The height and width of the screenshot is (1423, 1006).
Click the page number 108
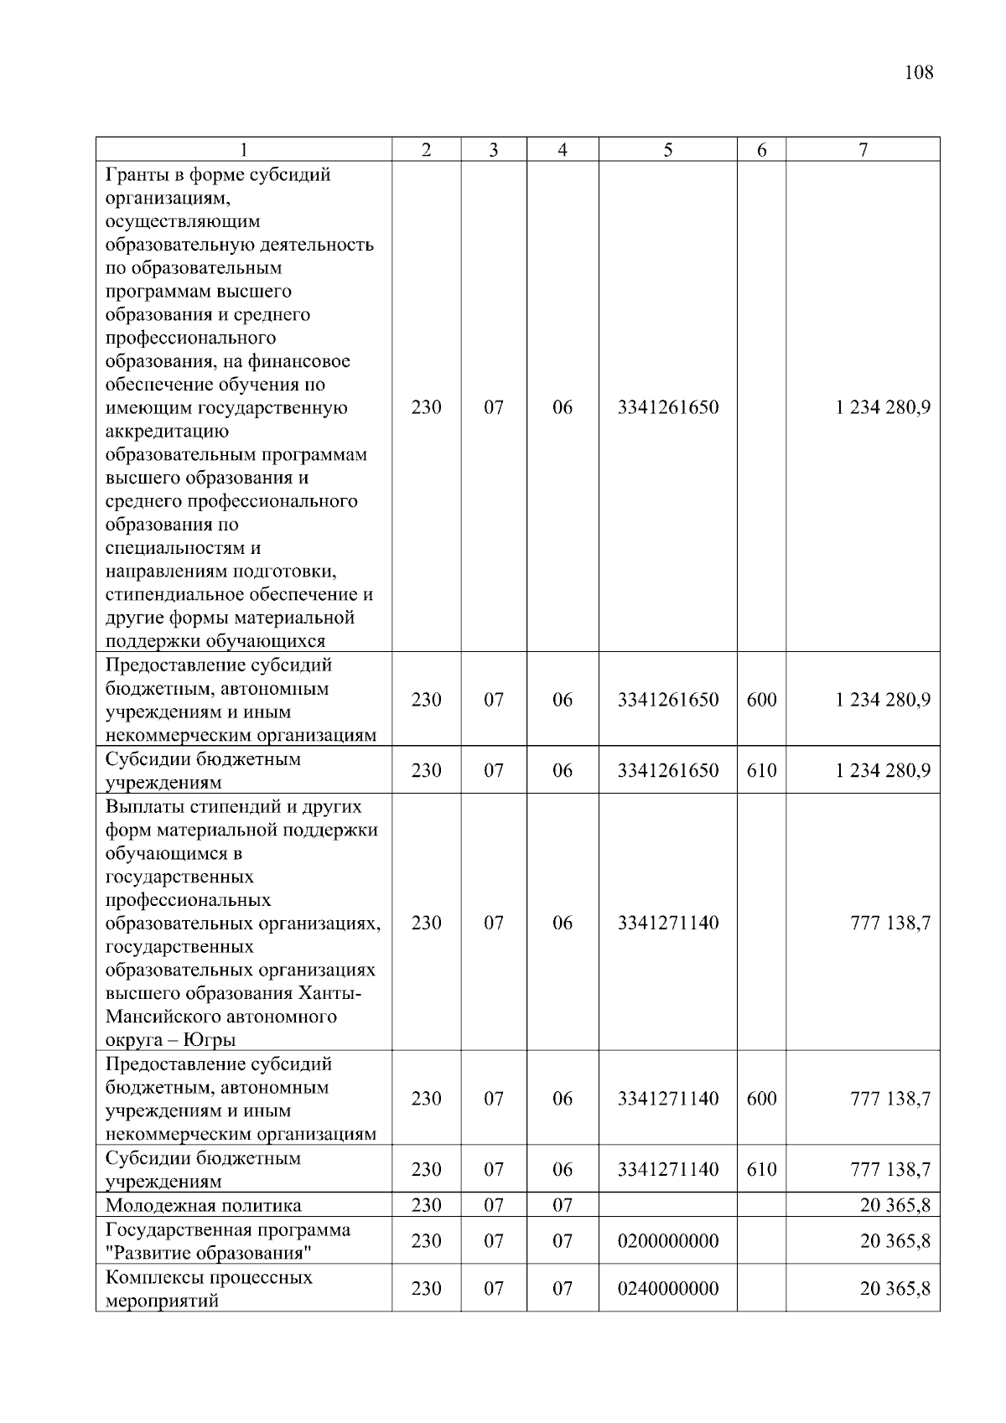pyautogui.click(x=918, y=72)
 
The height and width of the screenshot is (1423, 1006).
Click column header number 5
pyautogui.click(x=667, y=150)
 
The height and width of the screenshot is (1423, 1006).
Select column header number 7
pyautogui.click(x=863, y=150)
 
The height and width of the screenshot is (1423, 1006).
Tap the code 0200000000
pyautogui.click(x=667, y=1241)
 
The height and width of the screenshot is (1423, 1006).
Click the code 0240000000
pyautogui.click(x=667, y=1289)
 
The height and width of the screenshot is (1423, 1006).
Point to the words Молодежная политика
pyautogui.click(x=203, y=1206)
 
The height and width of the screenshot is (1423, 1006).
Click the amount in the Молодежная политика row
pyautogui.click(x=895, y=1206)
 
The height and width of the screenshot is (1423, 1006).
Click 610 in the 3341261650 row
pyautogui.click(x=761, y=770)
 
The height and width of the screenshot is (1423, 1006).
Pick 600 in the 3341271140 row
pyautogui.click(x=761, y=1099)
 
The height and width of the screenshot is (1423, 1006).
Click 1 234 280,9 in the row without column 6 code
pyautogui.click(x=882, y=408)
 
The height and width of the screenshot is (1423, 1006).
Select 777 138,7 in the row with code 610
pyautogui.click(x=889, y=1170)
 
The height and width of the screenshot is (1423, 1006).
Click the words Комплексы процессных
pyautogui.click(x=209, y=1278)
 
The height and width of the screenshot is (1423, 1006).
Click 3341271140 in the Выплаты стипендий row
pyautogui.click(x=667, y=923)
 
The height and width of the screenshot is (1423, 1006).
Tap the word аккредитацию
pyautogui.click(x=167, y=432)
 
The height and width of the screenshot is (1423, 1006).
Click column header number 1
pyautogui.click(x=243, y=150)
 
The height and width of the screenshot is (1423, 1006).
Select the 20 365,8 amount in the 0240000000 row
pyautogui.click(x=895, y=1289)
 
